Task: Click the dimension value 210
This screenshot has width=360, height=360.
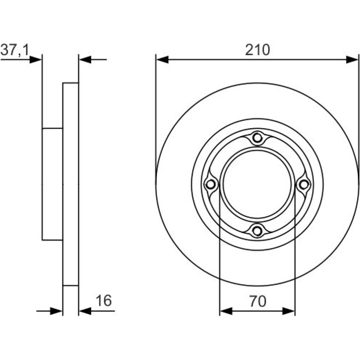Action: pos(257,50)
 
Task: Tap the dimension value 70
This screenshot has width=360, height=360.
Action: pos(258,301)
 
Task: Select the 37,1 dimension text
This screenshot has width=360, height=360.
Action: pos(15,50)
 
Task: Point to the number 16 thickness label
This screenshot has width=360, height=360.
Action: pos(104,301)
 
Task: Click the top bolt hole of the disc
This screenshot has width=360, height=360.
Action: pos(257,138)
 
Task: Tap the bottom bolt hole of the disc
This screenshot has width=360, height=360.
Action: pos(257,231)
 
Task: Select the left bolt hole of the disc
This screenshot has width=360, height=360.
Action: pos(211,184)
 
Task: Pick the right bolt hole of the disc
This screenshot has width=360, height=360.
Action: pos(304,184)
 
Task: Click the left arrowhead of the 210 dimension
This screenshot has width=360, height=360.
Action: pos(162,59)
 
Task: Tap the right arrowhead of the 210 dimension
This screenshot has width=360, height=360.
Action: pos(352,59)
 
